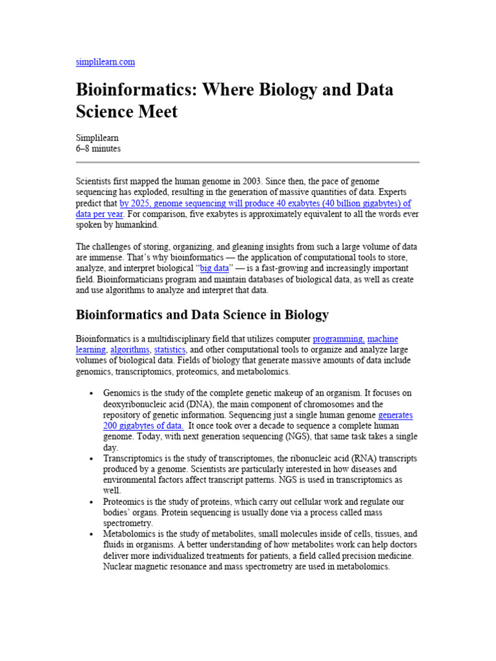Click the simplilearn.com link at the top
click(x=105, y=62)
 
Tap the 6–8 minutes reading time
click(x=98, y=148)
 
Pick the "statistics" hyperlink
click(x=170, y=350)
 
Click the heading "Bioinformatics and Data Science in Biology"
click(x=202, y=315)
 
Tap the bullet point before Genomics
click(x=92, y=393)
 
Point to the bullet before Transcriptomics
click(x=92, y=459)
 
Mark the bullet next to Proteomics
click(x=92, y=502)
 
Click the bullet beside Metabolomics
click(x=92, y=535)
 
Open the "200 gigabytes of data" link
click(x=143, y=426)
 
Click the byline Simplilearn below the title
click(x=98, y=137)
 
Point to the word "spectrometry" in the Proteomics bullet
click(x=128, y=524)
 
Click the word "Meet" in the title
click(x=155, y=112)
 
